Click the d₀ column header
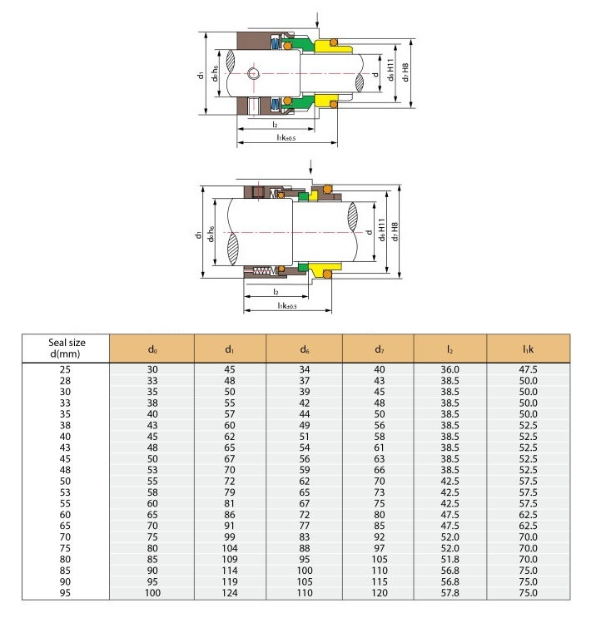pos(151,348)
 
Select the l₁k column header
pos(529,348)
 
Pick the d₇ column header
pos(380,348)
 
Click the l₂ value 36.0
pos(450,368)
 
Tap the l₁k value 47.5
pos(529,368)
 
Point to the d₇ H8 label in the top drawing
pos(405,72)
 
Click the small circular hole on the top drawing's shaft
pos(256,73)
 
